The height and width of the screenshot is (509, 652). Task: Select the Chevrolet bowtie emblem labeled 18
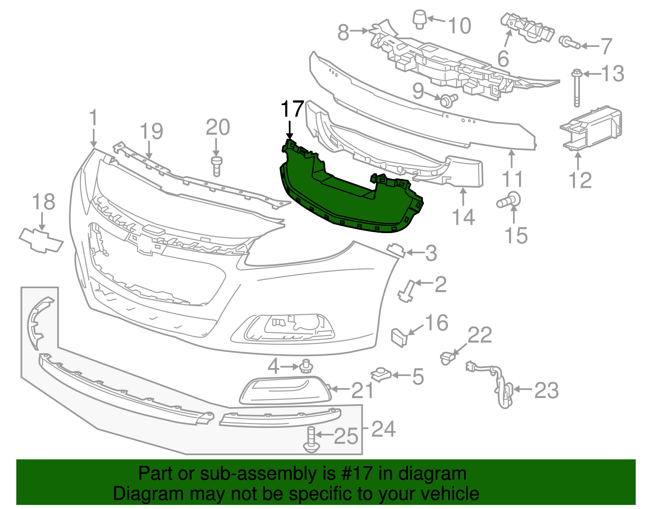point(41,240)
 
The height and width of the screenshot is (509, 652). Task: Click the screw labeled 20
point(216,165)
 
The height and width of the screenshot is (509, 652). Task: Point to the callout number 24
point(383,429)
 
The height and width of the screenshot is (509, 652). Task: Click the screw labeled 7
point(569,42)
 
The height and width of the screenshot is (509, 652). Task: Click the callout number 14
point(464,217)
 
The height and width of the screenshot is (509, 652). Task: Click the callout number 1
point(93,118)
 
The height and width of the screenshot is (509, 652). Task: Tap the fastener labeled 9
point(447,99)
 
